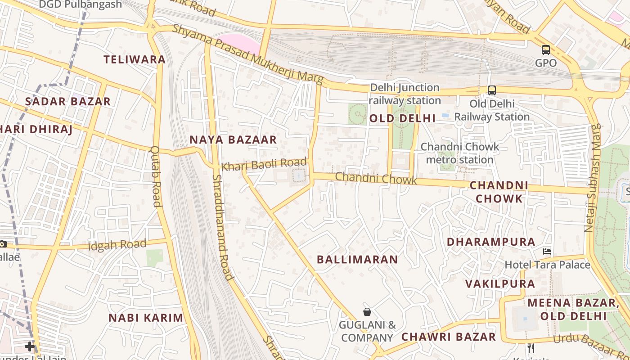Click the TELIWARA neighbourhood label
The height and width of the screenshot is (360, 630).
135,59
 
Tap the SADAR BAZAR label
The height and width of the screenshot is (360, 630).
67,101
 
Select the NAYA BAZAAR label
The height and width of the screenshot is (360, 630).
233,139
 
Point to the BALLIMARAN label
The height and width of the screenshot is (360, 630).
357,259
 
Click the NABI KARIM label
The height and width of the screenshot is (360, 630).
146,318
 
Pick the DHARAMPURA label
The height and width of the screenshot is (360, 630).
491,242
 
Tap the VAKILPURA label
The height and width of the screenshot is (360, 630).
500,283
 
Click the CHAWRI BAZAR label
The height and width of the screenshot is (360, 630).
448,337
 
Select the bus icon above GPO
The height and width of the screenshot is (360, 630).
546,50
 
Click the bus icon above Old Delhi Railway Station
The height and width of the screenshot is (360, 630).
492,90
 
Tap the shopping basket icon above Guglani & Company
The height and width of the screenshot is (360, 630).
367,311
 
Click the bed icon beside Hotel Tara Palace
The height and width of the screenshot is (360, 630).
547,251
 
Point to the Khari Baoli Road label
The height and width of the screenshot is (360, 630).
265,164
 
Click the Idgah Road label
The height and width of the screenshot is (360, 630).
117,245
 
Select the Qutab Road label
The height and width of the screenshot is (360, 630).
156,176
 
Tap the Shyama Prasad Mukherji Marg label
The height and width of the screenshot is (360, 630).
248,54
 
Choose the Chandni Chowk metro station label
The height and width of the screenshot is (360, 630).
459,153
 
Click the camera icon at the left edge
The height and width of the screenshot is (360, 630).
3,244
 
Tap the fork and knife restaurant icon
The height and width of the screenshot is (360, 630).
531,348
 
